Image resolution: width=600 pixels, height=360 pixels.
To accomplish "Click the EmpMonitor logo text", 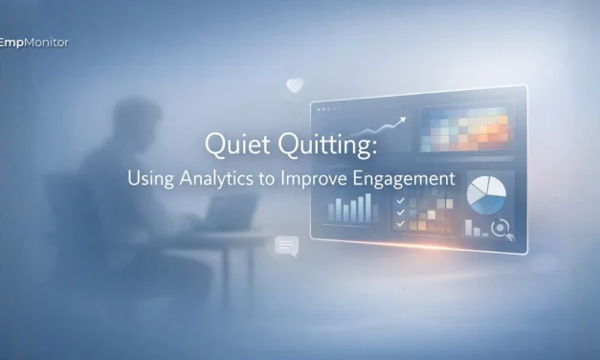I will coord(34,42).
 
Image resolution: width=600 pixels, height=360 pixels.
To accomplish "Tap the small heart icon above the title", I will coord(295,86).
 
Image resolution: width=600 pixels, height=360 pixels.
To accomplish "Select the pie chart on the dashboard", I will coord(488,196).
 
